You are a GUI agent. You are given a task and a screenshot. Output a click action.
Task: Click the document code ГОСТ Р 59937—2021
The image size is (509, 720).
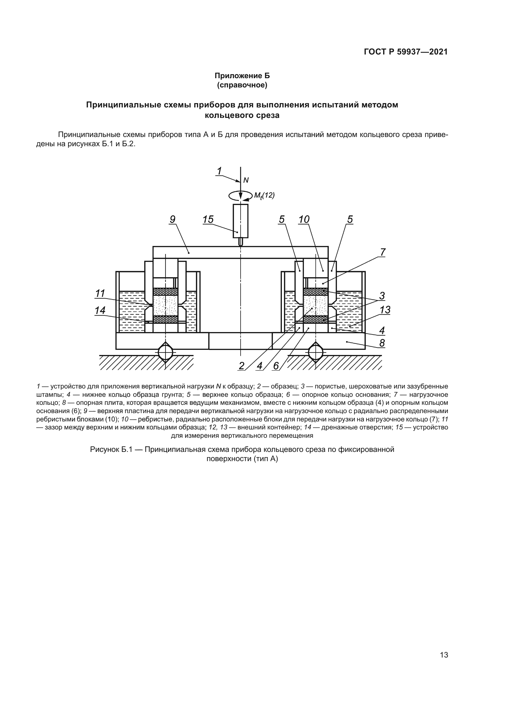click(406, 52)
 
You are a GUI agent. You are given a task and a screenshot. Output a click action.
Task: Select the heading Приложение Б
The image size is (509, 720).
click(242, 76)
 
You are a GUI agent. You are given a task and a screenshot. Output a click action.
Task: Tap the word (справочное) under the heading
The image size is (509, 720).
click(242, 85)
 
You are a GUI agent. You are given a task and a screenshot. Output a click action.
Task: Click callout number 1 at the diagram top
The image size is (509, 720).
click(219, 171)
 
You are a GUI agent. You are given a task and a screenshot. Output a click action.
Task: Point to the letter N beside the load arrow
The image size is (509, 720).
click(246, 180)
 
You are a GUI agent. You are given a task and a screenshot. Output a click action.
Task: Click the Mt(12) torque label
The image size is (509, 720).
click(264, 196)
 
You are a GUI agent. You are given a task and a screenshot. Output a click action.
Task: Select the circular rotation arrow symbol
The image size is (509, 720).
click(240, 196)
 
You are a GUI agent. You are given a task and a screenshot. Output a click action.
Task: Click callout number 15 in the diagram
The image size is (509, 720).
click(208, 219)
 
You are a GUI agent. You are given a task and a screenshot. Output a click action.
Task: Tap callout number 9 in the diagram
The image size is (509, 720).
click(172, 219)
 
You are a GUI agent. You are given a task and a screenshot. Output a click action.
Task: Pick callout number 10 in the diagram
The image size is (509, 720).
click(304, 219)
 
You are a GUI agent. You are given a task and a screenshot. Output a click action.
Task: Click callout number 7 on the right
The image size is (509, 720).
click(383, 252)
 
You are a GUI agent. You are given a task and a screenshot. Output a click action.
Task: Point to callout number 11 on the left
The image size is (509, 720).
click(100, 294)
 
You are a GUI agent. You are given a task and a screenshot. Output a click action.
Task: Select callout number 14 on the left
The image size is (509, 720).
click(100, 311)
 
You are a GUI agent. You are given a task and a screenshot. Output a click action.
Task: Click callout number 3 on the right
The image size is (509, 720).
click(382, 296)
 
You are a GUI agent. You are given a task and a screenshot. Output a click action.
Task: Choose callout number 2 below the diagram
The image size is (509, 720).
click(241, 366)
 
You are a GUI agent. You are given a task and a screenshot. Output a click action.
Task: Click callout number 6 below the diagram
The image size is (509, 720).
click(276, 366)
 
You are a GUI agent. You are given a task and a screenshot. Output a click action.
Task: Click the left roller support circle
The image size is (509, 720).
click(166, 352)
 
